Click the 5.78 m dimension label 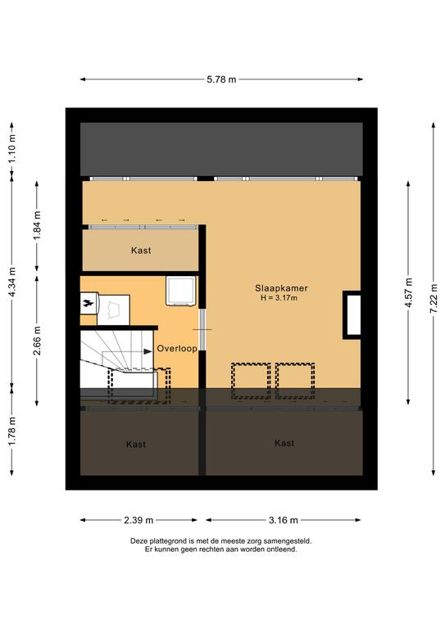pos(221,79)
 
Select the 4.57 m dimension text pos(408,292)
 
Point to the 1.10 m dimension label pos(12,147)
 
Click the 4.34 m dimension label pos(12,282)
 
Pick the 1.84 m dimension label pos(37,225)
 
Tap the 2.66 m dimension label pos(37,341)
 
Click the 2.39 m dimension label pos(138,520)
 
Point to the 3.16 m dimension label pos(284,520)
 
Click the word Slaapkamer pos(281,288)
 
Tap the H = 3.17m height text pos(279,297)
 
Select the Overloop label pos(177,349)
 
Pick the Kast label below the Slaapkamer pos(284,443)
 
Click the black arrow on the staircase pos(148,351)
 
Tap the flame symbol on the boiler pos(87,304)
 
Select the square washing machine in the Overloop pos(181,291)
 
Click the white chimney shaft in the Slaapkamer pos(353,314)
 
